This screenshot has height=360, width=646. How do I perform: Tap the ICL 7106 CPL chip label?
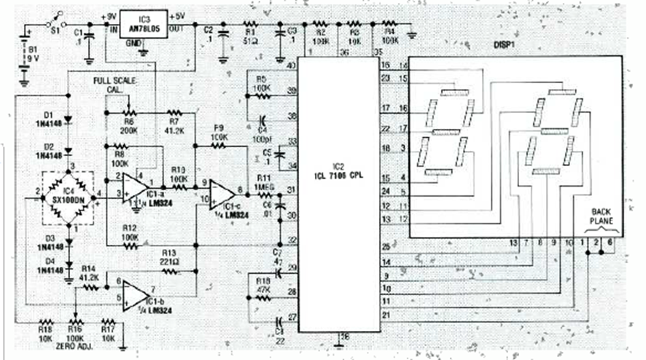coord(336,173)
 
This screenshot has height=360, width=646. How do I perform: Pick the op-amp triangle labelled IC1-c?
coord(222,192)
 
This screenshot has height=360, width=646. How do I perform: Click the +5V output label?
coord(179,15)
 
